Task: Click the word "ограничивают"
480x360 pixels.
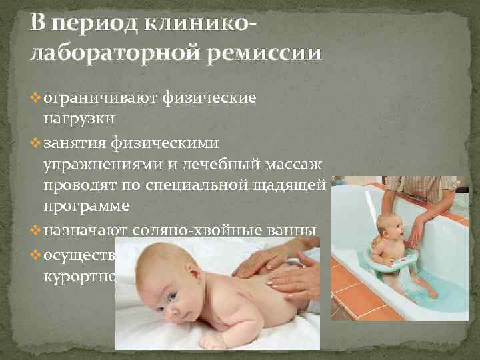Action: click(98, 99)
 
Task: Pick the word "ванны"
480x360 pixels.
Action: click(297, 231)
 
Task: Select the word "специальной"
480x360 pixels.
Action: click(187, 186)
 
